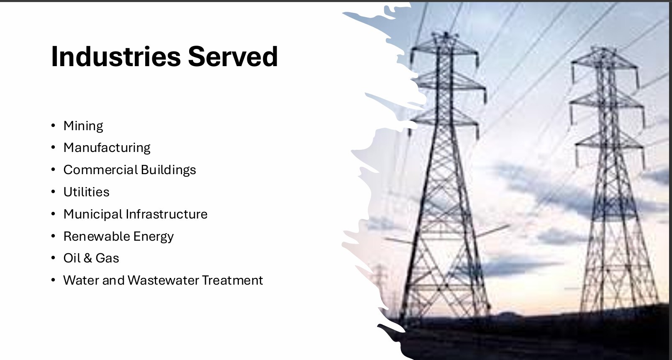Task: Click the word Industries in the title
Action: point(116,57)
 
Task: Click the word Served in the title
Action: point(233,57)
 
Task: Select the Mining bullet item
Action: point(83,126)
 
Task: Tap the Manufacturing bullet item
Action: point(107,148)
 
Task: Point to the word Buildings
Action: point(168,170)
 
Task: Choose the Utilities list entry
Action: point(86,192)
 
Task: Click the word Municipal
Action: point(93,214)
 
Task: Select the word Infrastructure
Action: point(167,214)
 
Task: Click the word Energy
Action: point(154,237)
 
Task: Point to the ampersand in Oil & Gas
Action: point(88,258)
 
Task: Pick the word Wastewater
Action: point(164,280)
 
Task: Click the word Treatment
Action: point(233,280)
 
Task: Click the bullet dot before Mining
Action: point(53,126)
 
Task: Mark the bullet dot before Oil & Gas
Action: point(53,258)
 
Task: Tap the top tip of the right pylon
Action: point(603,47)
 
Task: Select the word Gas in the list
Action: point(108,258)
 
